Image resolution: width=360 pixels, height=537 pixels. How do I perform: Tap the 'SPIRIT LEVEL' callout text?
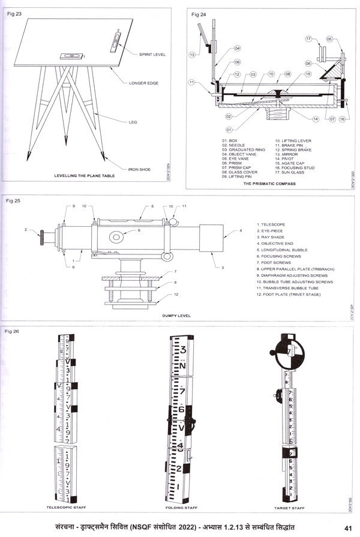tap(153, 55)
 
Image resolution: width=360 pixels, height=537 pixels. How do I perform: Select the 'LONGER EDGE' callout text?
tap(144, 83)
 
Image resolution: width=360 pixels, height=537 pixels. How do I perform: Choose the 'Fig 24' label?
tap(198, 13)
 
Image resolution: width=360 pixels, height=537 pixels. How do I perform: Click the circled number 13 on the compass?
tap(193, 55)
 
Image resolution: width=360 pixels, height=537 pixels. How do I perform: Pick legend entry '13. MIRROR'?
tap(287, 154)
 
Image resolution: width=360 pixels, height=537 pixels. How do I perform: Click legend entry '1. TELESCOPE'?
tap(271, 224)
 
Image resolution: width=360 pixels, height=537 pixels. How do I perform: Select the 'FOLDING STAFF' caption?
tap(182, 508)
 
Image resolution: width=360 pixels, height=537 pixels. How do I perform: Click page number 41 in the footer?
tap(347, 527)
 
